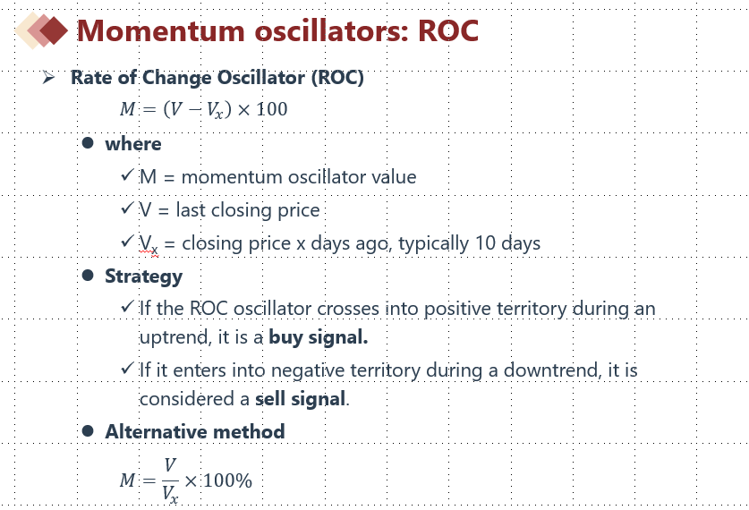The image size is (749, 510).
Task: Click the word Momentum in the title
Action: click(x=161, y=30)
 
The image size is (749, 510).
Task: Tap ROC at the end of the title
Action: click(x=448, y=30)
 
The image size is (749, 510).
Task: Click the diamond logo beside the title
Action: click(x=41, y=30)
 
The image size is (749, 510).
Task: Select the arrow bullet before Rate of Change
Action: click(x=48, y=77)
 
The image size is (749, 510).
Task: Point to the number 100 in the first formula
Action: click(x=272, y=109)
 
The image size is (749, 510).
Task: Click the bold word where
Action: click(x=133, y=144)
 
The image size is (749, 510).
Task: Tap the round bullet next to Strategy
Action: click(x=88, y=275)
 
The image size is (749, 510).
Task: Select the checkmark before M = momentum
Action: click(x=127, y=174)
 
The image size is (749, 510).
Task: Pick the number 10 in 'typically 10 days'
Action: click(x=485, y=243)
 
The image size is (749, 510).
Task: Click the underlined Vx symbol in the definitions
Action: click(x=148, y=244)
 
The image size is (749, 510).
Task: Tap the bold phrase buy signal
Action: click(x=319, y=337)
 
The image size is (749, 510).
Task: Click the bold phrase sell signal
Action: click(x=300, y=399)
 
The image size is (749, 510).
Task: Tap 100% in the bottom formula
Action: click(x=228, y=480)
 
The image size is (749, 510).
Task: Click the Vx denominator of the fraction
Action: click(x=171, y=495)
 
